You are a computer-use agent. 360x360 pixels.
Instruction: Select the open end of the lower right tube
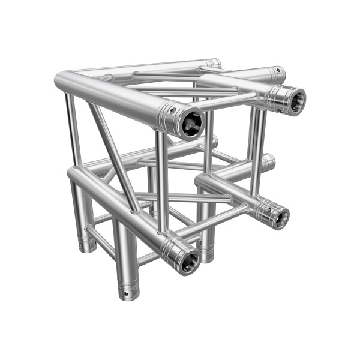278,216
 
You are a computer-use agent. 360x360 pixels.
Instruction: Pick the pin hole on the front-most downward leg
125,293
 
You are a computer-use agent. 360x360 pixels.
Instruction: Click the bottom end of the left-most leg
86,247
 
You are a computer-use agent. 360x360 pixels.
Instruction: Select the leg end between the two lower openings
207,257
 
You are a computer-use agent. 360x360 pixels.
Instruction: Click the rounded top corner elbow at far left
62,80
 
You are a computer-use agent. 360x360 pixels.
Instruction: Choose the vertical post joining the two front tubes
161,180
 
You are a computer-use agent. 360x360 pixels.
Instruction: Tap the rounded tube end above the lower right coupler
268,161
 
